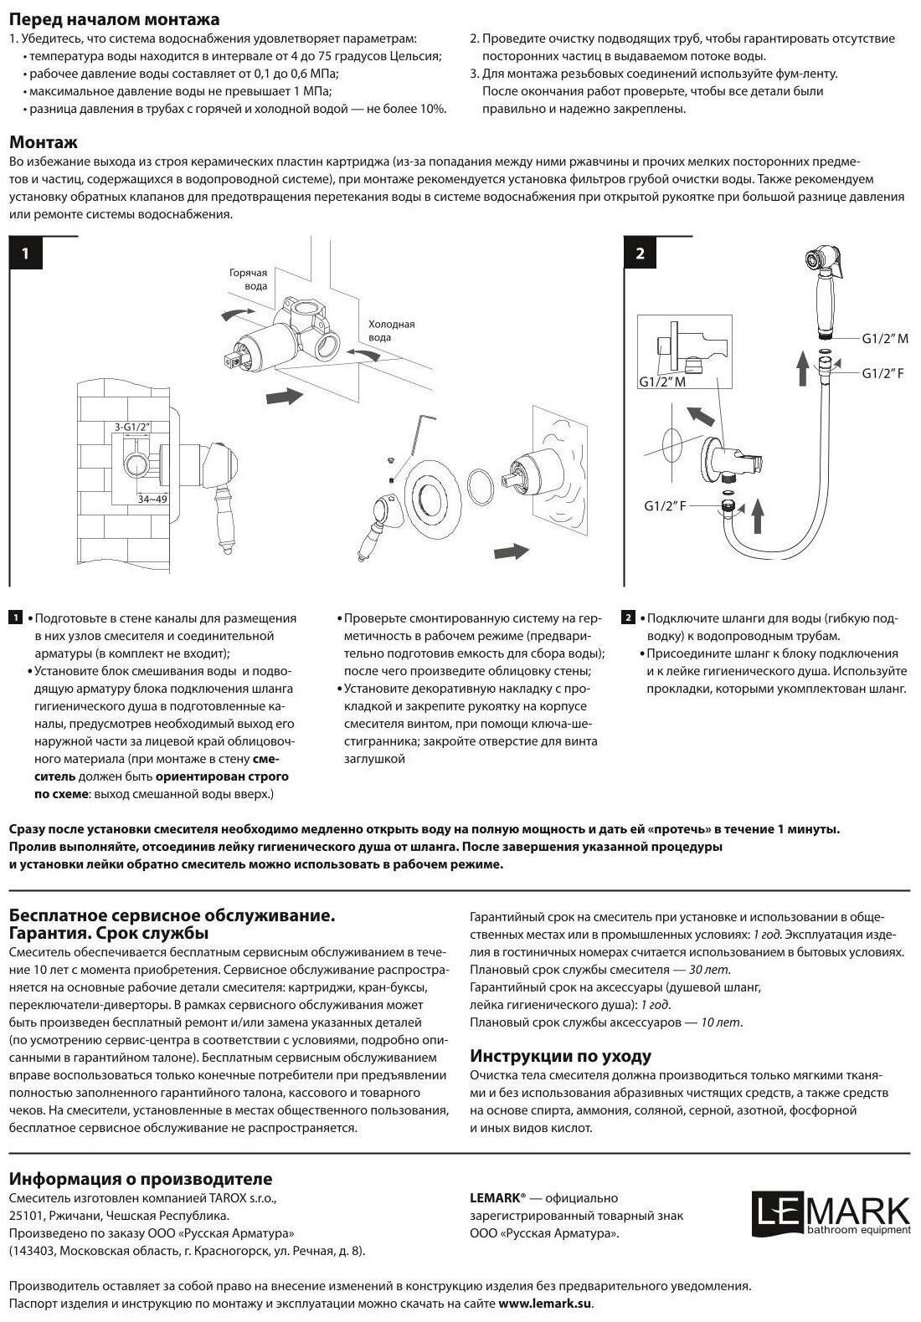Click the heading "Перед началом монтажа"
[x=115, y=18]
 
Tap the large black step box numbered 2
[x=641, y=254]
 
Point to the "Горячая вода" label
[x=249, y=279]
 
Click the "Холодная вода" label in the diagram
[x=391, y=330]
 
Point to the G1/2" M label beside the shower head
[x=884, y=338]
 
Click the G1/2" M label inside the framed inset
[x=662, y=382]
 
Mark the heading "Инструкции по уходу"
[x=560, y=1056]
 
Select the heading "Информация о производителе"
[x=141, y=1179]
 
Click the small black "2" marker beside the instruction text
[x=629, y=618]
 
